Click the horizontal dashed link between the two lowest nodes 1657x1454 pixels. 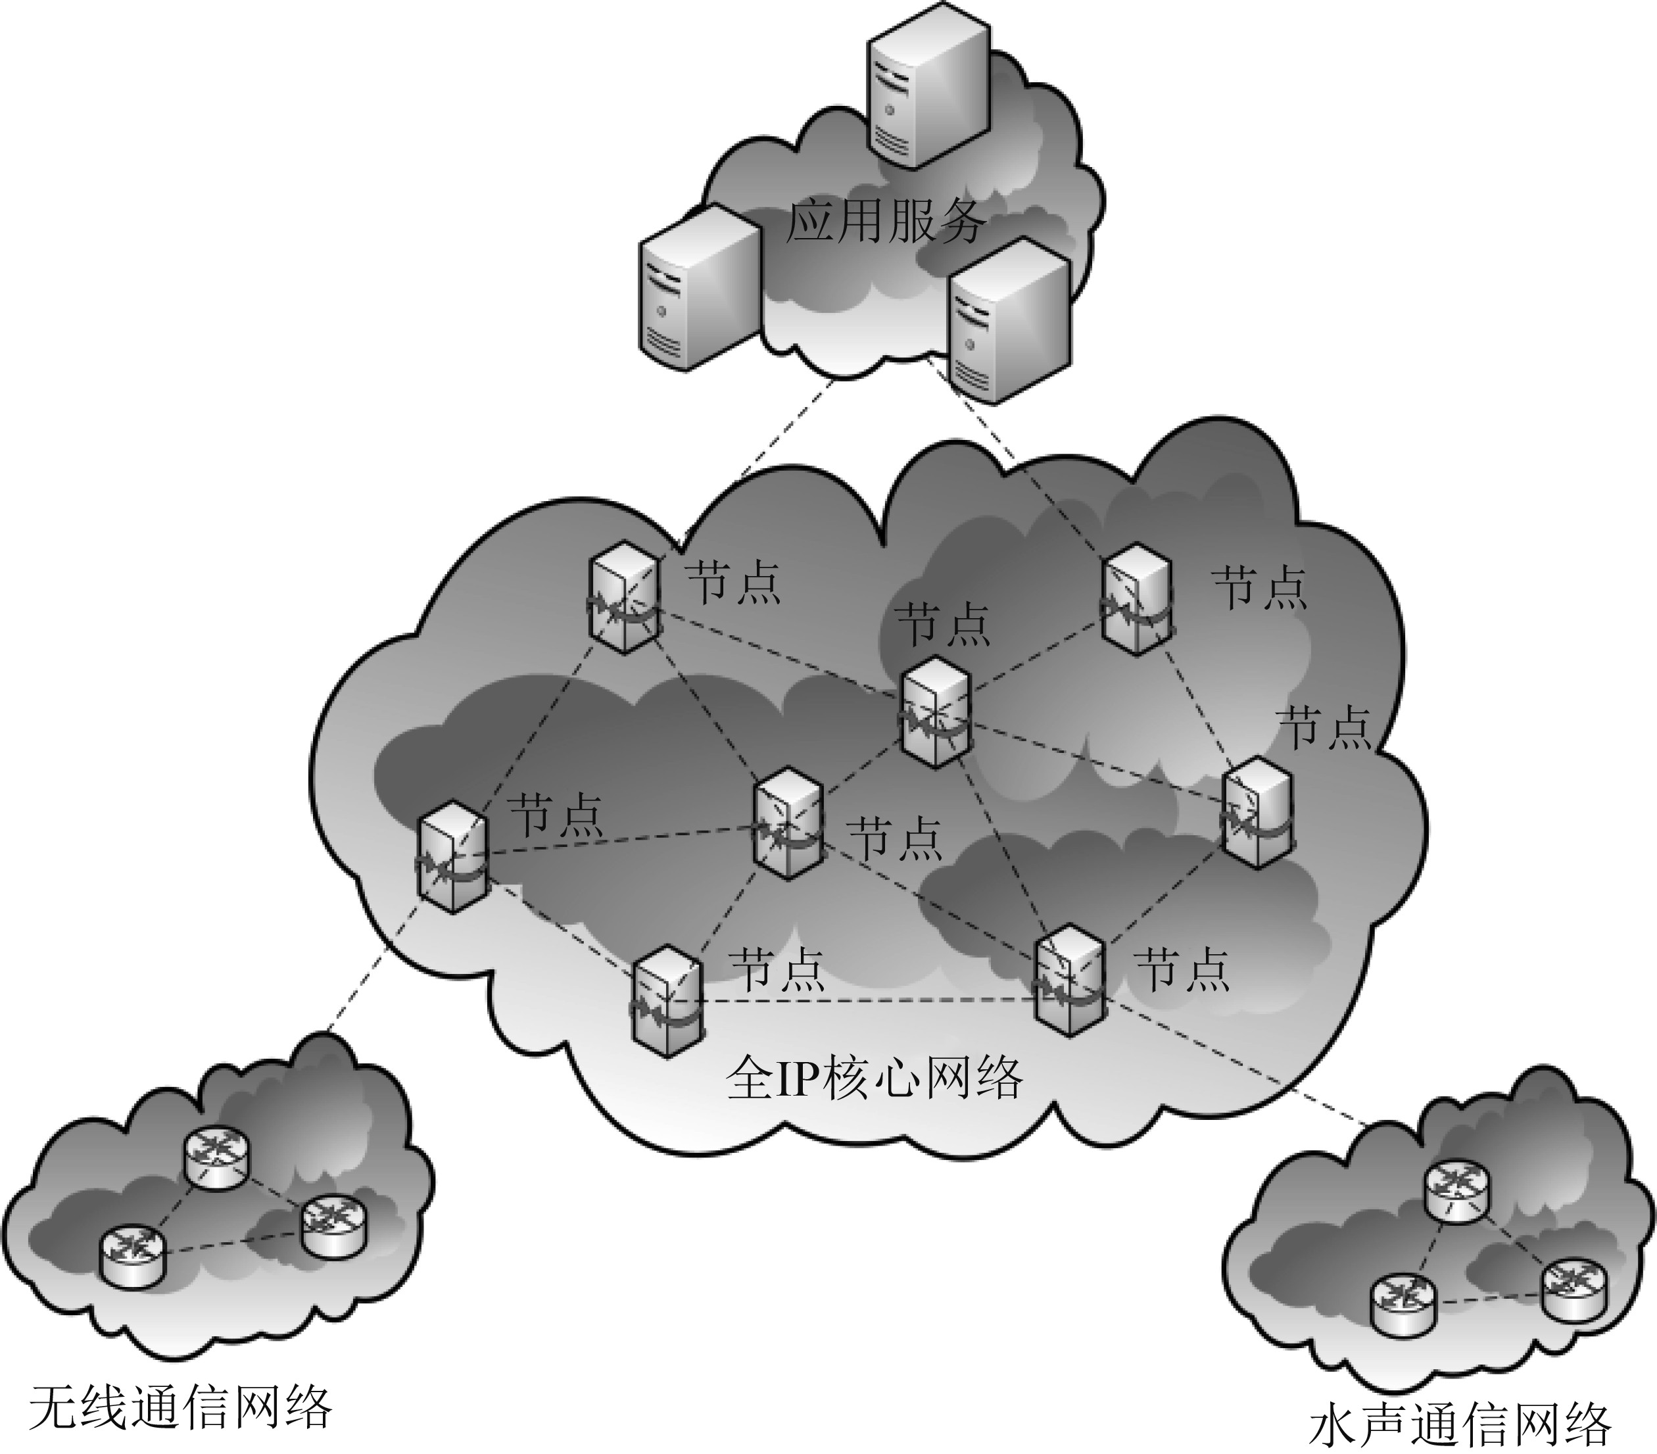867,1001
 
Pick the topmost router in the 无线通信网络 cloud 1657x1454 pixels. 215,1158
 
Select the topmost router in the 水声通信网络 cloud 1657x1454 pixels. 1456,1190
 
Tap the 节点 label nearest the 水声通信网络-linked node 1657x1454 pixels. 1182,969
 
